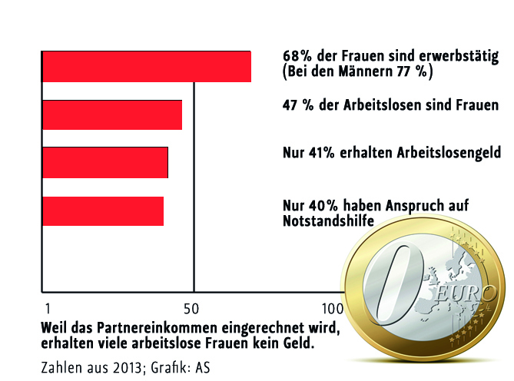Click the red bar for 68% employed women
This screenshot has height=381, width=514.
(146, 66)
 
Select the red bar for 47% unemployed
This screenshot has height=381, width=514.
(112, 114)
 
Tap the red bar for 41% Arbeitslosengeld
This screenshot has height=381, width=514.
(104, 162)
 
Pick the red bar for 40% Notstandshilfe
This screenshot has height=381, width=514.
(102, 211)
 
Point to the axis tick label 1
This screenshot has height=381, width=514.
(48, 308)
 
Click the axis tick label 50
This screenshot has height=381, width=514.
(194, 308)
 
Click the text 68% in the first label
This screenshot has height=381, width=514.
(296, 56)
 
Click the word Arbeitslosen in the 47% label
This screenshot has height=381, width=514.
(386, 105)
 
